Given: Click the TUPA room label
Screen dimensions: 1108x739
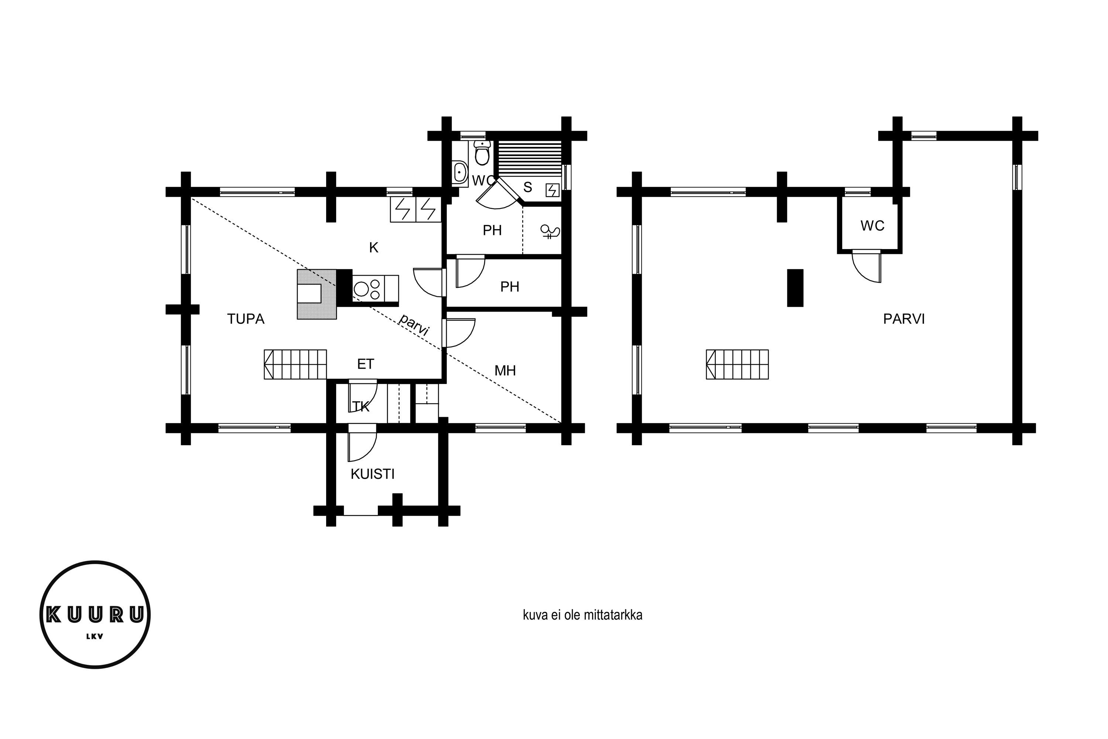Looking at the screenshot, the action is [246, 319].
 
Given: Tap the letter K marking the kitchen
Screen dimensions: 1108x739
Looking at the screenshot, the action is [373, 248].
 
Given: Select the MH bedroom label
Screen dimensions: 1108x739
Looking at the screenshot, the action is [505, 371].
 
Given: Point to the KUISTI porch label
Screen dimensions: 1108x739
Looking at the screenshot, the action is [373, 474].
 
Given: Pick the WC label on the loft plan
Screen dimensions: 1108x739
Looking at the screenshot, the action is [872, 226].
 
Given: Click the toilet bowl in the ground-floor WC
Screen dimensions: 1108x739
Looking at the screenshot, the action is [482, 152].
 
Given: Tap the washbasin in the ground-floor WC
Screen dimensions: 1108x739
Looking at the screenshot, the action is [460, 172].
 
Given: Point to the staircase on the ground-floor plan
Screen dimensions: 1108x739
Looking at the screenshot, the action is [295, 364].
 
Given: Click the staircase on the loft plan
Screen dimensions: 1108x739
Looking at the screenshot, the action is [737, 364].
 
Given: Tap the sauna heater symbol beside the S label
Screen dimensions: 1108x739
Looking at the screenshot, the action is [552, 190].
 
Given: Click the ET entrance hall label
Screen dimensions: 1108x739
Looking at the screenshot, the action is [366, 364].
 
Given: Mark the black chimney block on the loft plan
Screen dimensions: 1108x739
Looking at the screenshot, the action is [795, 288].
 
